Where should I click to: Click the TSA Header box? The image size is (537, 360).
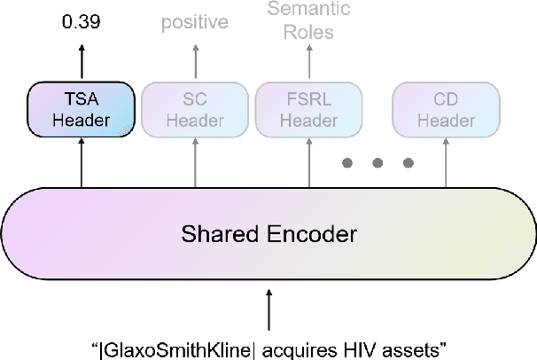(82, 110)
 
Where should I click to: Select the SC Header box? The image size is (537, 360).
(195, 110)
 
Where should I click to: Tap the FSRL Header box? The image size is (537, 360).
(309, 110)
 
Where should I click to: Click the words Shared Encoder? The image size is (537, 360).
(268, 234)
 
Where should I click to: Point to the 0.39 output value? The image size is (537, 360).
(82, 20)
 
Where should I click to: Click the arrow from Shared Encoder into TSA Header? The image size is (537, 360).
(82, 164)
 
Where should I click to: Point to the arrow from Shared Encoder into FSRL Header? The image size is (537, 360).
(309, 164)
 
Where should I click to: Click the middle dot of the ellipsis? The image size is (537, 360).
(378, 163)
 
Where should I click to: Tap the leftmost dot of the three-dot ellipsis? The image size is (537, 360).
(348, 163)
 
